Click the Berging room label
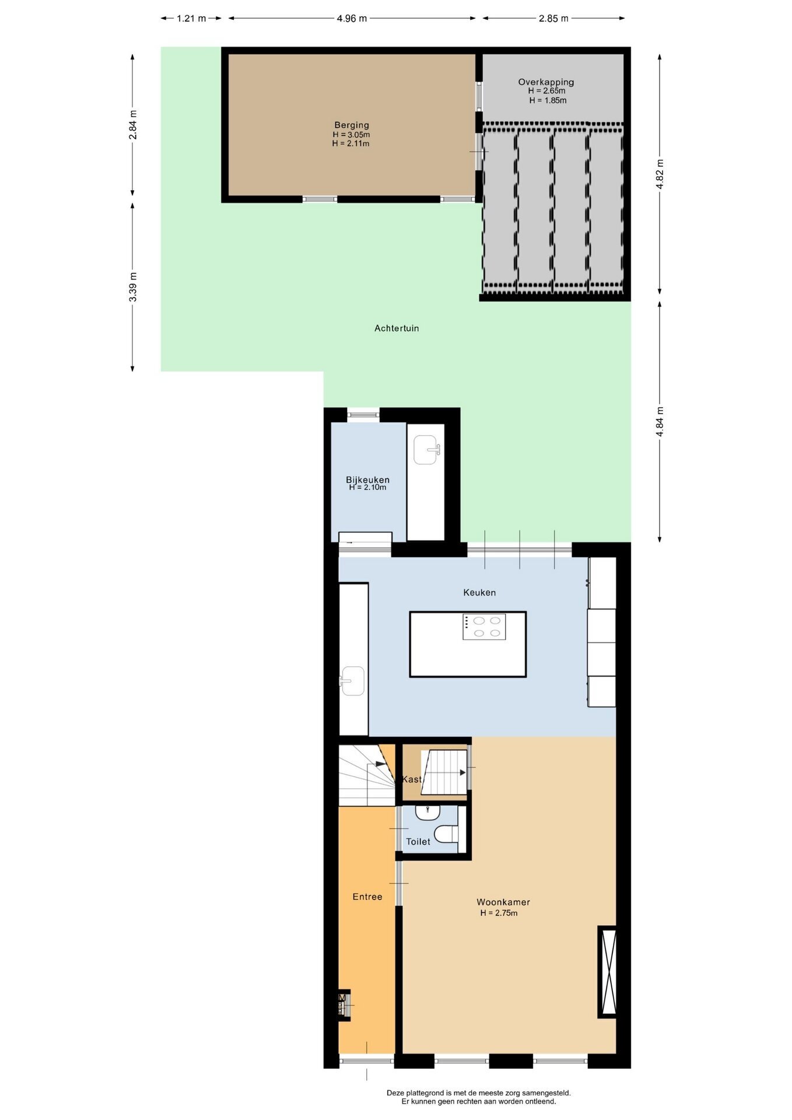[351, 125]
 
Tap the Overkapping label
[546, 82]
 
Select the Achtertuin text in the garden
[397, 328]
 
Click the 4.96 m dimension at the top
[352, 19]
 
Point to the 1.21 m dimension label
[191, 19]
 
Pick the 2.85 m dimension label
[553, 19]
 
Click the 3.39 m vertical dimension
[133, 287]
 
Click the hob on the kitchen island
[484, 627]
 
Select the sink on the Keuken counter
[352, 681]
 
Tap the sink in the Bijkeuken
[426, 450]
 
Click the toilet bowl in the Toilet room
[447, 834]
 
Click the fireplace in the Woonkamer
[607, 972]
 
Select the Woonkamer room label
[503, 902]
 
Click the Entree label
[367, 897]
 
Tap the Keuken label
[479, 593]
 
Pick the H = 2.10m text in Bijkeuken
[367, 488]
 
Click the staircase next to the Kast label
[444, 772]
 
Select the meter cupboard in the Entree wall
[344, 1006]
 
